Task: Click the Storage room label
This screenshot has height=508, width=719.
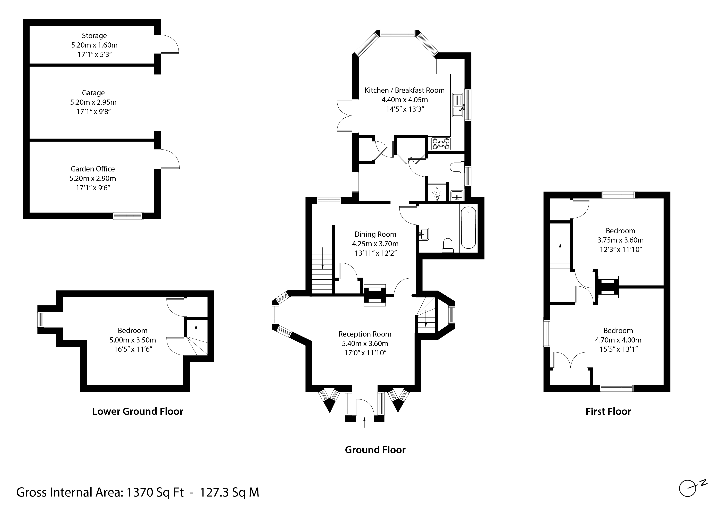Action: click(x=94, y=36)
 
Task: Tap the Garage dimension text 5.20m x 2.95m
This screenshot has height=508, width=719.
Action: click(x=93, y=102)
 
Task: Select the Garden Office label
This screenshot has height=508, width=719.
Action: click(x=93, y=169)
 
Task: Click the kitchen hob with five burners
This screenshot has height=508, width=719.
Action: click(x=441, y=144)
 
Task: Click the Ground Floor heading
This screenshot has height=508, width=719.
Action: click(x=375, y=450)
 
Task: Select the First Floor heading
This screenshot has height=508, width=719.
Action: click(x=608, y=411)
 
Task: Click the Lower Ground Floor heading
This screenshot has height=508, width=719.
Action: click(x=138, y=411)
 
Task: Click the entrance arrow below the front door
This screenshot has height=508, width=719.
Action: click(x=364, y=422)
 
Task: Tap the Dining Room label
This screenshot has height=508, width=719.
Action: click(x=375, y=234)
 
